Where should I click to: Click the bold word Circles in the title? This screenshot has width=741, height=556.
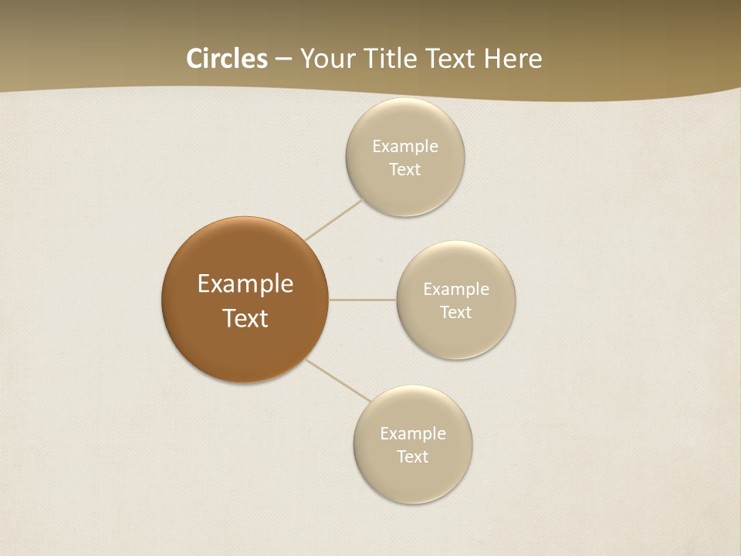pos(227,59)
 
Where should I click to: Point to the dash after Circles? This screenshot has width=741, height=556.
pos(283,59)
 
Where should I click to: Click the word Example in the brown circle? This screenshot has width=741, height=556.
pos(245,284)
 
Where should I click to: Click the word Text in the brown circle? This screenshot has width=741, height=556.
pos(245,318)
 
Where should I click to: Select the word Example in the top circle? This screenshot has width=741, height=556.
pos(405,147)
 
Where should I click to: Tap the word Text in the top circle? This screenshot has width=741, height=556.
pos(405,170)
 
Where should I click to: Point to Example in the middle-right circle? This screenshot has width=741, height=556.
pos(456,290)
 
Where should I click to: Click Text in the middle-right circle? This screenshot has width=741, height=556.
pos(456,313)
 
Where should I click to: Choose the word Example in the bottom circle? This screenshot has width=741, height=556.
pos(413,434)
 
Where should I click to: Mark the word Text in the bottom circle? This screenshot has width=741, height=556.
pos(413,457)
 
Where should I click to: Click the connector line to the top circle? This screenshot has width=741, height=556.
pos(333,219)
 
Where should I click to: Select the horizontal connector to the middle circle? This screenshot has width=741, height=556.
pos(363,300)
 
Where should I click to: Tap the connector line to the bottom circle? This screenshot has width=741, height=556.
pos(338,380)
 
